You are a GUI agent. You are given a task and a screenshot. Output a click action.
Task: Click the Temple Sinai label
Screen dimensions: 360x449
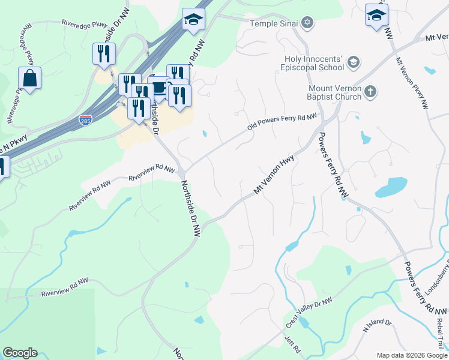(274, 23)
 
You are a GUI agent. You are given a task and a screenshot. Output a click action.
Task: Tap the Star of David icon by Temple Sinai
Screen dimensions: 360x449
(307, 23)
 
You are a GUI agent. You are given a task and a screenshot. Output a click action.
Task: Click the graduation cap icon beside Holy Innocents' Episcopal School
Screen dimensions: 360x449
(353, 62)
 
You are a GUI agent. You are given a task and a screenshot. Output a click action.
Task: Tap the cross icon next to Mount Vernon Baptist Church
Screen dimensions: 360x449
(371, 92)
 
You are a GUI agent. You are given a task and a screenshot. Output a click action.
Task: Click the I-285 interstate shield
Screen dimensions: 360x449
(86, 121)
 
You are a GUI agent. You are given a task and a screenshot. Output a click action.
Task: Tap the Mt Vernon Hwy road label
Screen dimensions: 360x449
(277, 175)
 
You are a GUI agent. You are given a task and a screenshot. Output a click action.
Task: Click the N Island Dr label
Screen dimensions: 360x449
(377, 326)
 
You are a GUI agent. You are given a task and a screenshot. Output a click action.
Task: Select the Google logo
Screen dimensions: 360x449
(20, 353)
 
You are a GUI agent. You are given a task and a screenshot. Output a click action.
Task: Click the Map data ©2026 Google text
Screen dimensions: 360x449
(411, 355)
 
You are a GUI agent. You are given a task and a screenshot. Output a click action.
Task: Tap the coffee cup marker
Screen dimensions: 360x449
(158, 88)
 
